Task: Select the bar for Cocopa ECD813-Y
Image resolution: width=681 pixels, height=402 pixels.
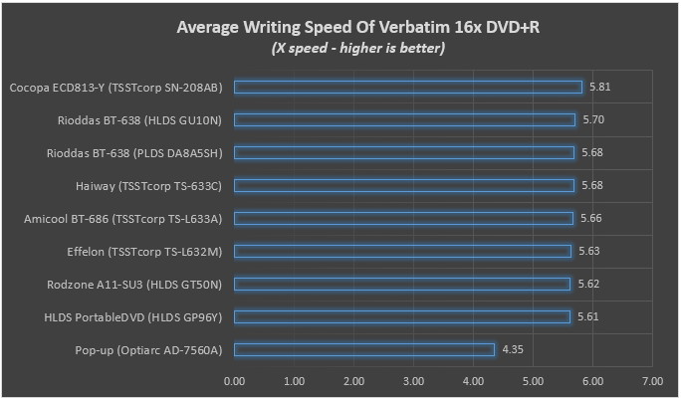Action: point(408,87)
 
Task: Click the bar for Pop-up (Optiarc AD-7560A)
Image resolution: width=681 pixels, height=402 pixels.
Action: point(364,349)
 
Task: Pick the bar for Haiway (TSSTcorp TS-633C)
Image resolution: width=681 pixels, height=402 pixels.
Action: point(404,185)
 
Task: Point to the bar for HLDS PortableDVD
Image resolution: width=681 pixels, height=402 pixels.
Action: point(402,316)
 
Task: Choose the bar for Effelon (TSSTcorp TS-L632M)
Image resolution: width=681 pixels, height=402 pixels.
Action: point(403,251)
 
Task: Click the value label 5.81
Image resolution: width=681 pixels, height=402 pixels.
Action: point(599,87)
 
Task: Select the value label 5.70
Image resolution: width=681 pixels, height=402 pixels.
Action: point(593,119)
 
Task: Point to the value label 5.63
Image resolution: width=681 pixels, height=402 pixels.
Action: point(589,251)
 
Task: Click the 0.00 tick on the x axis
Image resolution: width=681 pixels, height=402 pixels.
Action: point(235,380)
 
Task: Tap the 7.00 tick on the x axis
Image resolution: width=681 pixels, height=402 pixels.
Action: point(653,380)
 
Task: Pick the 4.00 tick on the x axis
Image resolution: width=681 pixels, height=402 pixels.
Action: point(474,380)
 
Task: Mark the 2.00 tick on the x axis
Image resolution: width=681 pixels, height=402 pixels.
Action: point(354,380)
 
